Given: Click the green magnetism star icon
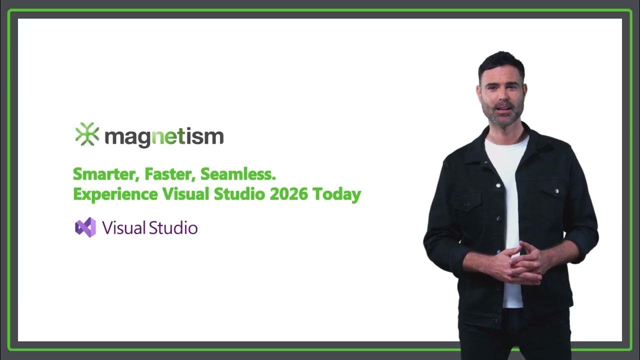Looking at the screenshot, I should [x=87, y=134].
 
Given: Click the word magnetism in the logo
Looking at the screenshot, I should [x=164, y=136].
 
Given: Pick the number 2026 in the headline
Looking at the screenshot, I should [x=288, y=194].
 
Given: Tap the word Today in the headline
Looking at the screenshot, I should [x=337, y=194].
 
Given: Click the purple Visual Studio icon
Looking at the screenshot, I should [x=85, y=227].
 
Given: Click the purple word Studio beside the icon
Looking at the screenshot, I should [x=172, y=228].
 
